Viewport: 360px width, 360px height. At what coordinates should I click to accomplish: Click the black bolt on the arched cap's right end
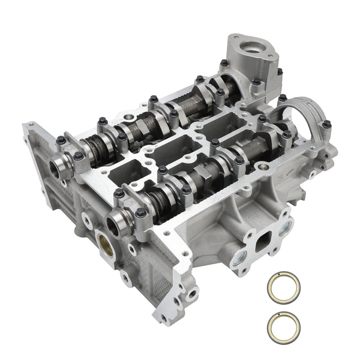coord(326,125)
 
